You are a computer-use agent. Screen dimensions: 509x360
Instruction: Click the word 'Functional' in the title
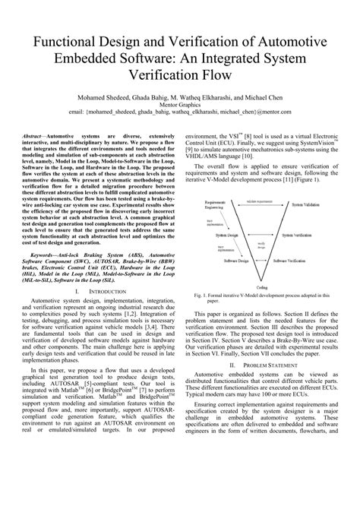69,40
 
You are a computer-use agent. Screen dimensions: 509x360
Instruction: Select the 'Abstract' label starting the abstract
47,131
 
